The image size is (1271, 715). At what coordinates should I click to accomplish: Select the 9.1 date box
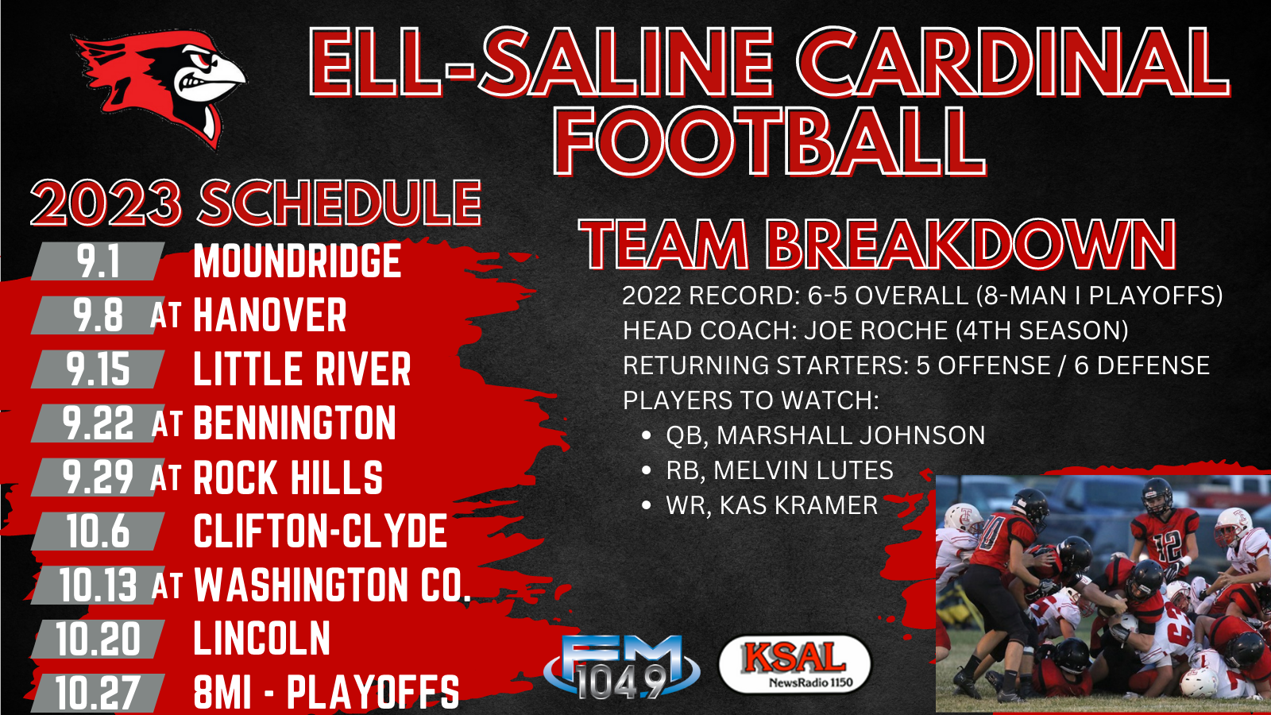coord(99,261)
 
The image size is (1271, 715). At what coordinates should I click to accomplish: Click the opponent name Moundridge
coord(297,261)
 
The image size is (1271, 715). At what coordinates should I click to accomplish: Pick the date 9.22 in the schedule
coord(99,423)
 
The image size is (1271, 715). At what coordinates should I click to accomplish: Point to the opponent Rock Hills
coord(288,477)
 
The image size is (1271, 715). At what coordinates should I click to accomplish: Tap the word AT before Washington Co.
coord(167,586)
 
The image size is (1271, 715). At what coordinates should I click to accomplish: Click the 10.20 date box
coord(99,639)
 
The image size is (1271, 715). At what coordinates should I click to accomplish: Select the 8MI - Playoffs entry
coord(326,693)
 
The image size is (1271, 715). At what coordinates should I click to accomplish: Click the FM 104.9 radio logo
coord(622,667)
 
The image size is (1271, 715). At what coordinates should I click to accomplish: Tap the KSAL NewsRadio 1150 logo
coord(794,664)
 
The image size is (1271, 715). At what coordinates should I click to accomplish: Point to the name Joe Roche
coord(876,330)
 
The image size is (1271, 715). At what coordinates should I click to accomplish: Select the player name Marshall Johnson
coord(851,435)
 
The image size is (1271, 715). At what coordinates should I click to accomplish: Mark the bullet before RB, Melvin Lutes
coord(646,470)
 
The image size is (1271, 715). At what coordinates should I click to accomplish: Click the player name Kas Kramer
coord(799,505)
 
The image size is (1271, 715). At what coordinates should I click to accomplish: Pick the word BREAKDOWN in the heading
coord(970,245)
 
